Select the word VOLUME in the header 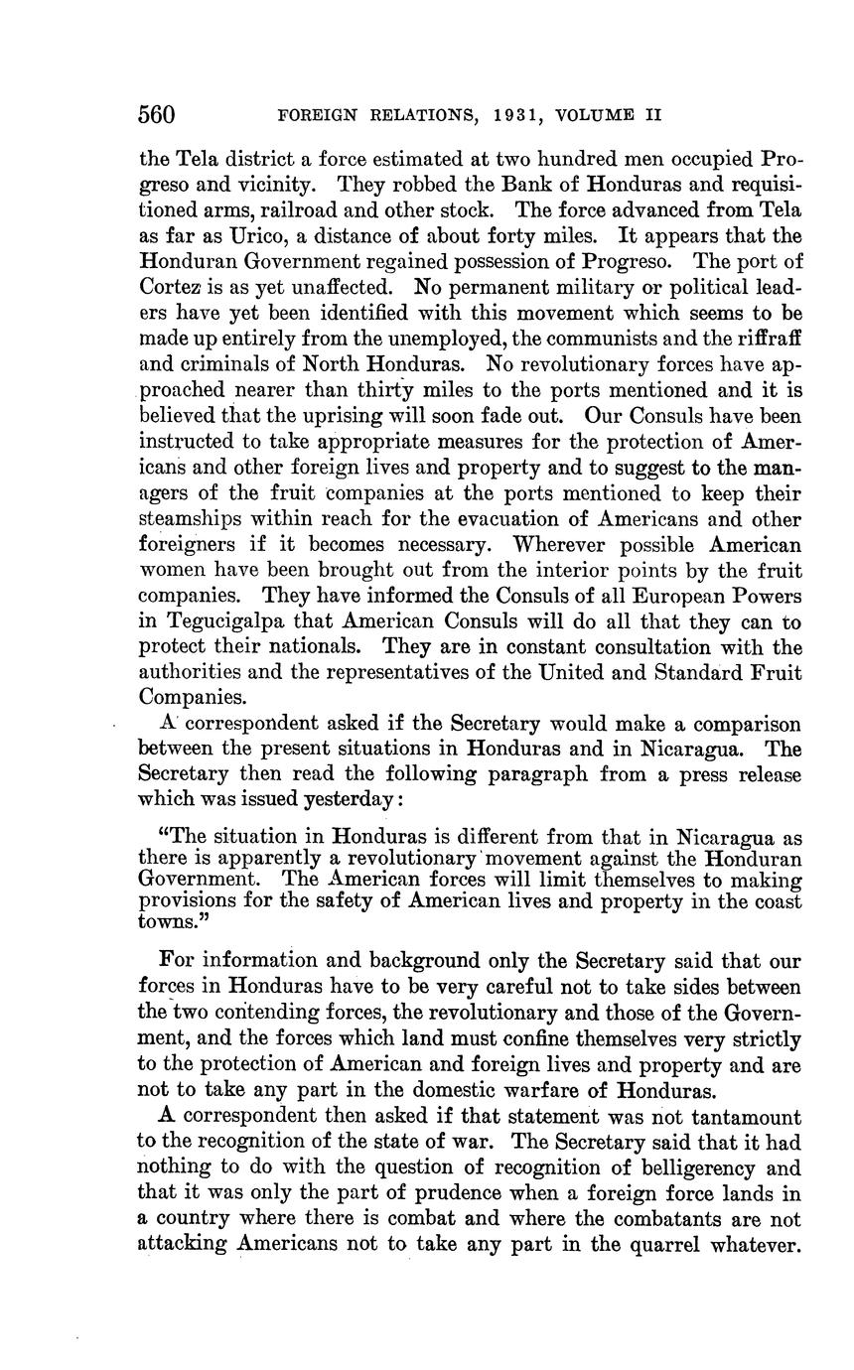tap(596, 115)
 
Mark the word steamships tap(193, 519)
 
